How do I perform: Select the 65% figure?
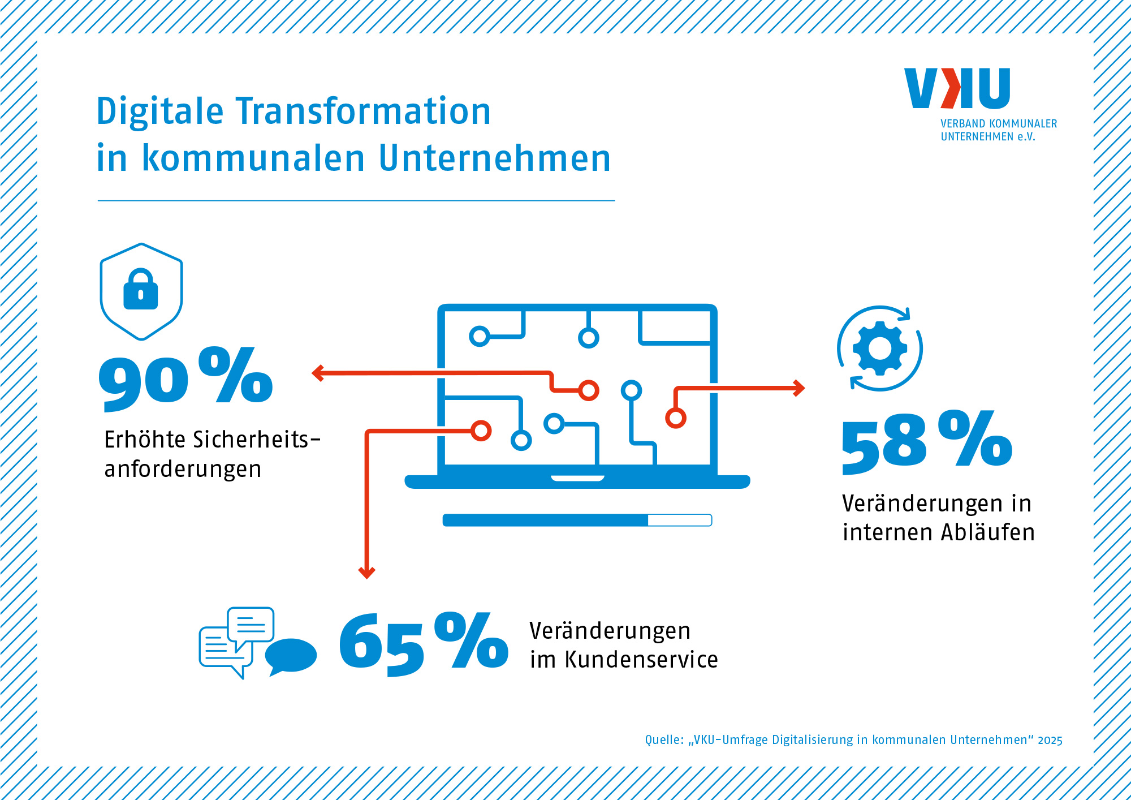[424, 644]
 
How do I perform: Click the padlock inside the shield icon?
[141, 289]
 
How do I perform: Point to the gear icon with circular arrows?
[880, 348]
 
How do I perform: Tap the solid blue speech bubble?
[291, 657]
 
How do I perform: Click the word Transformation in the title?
[363, 111]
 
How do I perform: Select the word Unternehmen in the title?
[495, 158]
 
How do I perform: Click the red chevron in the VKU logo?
[951, 88]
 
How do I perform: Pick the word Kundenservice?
[641, 660]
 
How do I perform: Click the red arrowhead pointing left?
[318, 373]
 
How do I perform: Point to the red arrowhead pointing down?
[367, 573]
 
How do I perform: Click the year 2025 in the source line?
[1050, 741]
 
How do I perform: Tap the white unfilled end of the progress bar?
[680, 520]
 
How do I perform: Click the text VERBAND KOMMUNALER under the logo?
[999, 123]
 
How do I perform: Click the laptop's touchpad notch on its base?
[577, 479]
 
